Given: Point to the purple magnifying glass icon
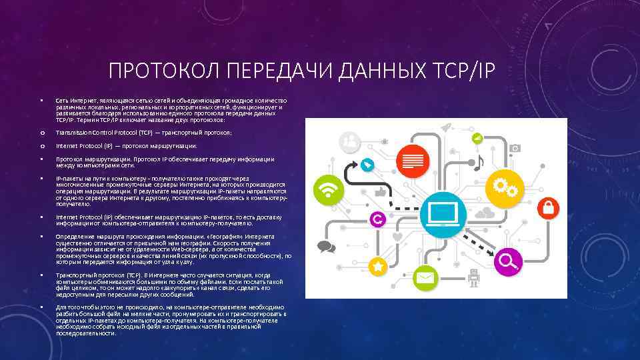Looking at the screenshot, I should click(x=507, y=260).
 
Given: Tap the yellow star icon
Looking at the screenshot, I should click(x=378, y=266).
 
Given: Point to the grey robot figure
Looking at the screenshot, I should click(x=474, y=277).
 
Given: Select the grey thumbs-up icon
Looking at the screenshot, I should click(x=381, y=191).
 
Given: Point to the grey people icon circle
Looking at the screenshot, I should click(x=349, y=141).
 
